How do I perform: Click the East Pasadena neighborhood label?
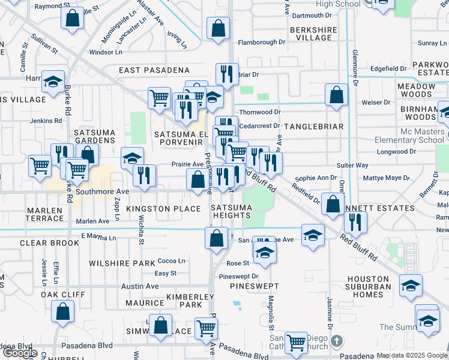pos(154,70)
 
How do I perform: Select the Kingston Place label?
pos(163,209)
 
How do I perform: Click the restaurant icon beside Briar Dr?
pos(227,74)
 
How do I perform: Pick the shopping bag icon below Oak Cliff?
pos(63,311)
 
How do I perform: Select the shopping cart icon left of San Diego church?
pos(296,342)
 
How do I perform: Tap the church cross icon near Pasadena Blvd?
pos(337,341)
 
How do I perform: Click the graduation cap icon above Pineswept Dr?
pos(264,251)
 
